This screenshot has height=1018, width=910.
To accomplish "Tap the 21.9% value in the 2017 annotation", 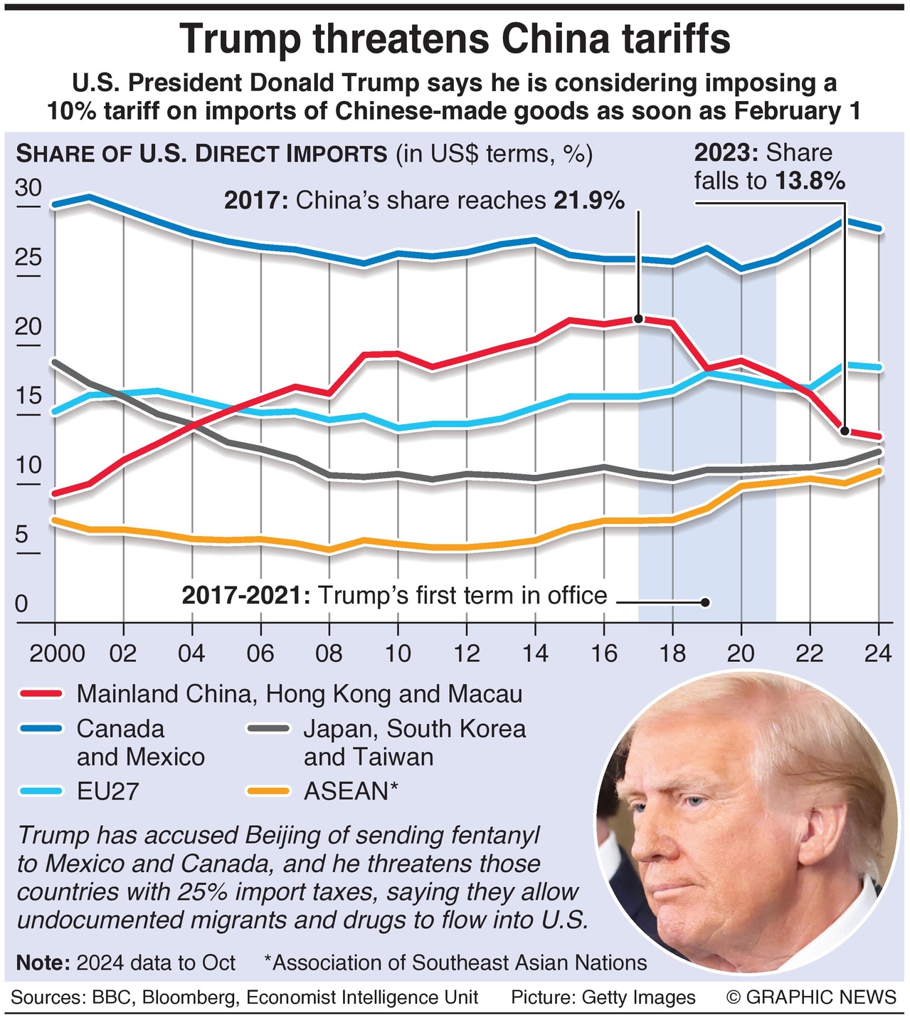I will (589, 201).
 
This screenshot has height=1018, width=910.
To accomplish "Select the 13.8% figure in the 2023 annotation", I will (810, 182).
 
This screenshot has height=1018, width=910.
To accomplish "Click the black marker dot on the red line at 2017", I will (638, 319).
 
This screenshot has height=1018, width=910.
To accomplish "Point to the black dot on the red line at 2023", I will (845, 431).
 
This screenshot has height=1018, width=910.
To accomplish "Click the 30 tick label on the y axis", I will (29, 188).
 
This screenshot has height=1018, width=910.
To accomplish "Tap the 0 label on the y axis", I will (22, 604).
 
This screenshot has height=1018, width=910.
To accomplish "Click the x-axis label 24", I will (877, 653).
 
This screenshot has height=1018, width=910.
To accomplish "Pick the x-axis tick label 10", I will (398, 653).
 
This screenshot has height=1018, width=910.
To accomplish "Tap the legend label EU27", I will (107, 791).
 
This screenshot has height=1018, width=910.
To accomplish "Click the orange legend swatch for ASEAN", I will (268, 791).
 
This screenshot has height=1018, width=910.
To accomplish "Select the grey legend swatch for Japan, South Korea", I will (268, 728).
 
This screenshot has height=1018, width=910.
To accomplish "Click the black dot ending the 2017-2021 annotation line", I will (706, 602).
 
